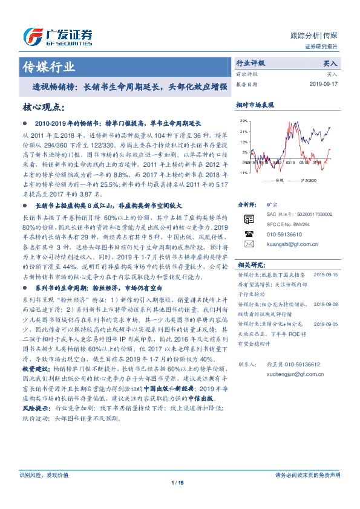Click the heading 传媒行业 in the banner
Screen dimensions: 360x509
tap(48, 66)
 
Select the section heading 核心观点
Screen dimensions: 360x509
tap(43, 107)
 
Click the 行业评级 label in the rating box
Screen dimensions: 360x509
tap(250, 63)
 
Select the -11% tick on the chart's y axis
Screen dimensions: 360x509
tap(243, 173)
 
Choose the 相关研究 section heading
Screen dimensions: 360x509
tap(251, 265)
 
